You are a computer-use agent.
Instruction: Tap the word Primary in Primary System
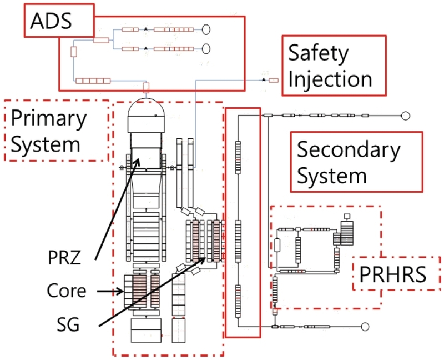click(x=49, y=118)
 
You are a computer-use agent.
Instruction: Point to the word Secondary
click(x=349, y=149)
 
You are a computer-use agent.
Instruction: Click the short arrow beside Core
click(x=110, y=291)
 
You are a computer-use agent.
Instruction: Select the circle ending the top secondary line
click(x=406, y=116)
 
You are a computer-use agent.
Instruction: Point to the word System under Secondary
click(x=332, y=176)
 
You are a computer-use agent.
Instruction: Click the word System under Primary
click(x=46, y=144)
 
